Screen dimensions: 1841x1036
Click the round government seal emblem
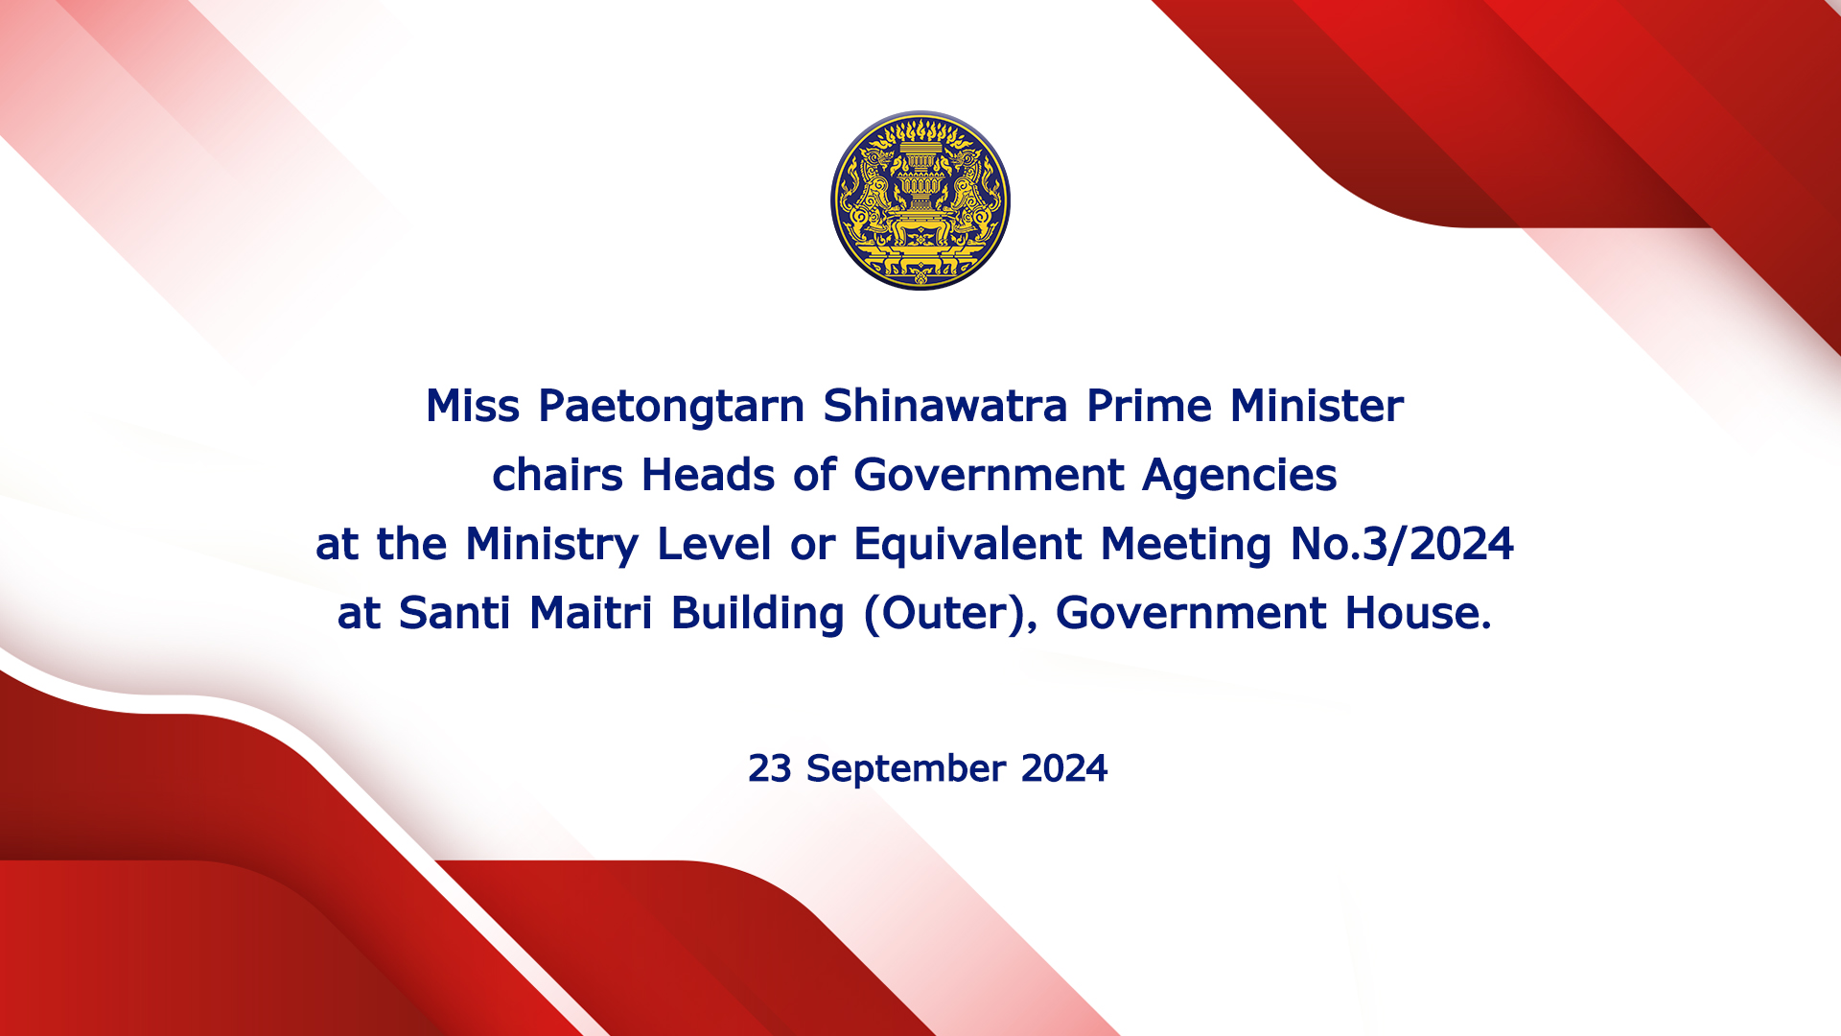pos(920,200)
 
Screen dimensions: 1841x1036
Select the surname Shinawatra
pos(945,406)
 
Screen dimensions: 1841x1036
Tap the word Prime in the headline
pos(1149,406)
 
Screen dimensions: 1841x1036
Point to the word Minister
pos(1317,406)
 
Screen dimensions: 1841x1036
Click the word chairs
pos(557,475)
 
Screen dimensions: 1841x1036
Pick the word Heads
pos(708,475)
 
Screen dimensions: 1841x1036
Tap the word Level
pos(714,544)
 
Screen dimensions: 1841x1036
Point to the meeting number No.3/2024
pos(1403,544)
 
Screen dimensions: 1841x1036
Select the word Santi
pos(454,613)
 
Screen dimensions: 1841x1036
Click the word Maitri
pos(591,613)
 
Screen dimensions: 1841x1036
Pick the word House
pos(1418,613)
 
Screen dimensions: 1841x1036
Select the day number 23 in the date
pos(769,768)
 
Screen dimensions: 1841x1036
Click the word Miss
pos(473,406)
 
